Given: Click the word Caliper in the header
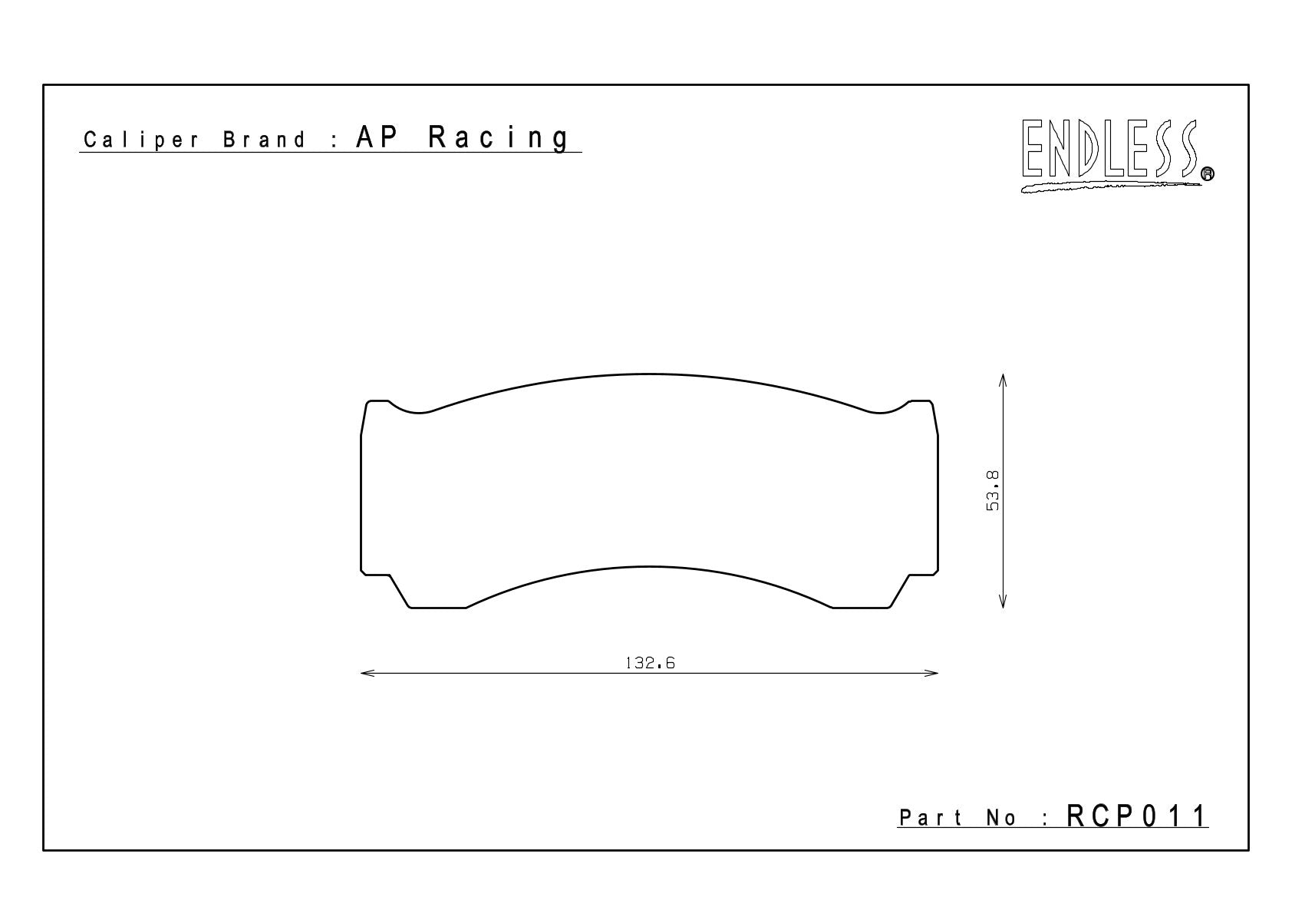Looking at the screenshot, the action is (x=141, y=140).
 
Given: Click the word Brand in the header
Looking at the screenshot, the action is (x=264, y=140).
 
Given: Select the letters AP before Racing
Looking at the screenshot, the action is (x=377, y=137).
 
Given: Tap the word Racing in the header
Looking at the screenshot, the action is (x=499, y=138).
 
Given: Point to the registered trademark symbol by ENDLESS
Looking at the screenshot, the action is (x=1207, y=173).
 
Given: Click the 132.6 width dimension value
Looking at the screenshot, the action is (x=650, y=663).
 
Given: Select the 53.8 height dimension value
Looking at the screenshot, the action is (x=993, y=491).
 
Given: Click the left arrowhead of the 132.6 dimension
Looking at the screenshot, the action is (x=367, y=673).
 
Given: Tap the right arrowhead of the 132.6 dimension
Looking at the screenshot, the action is (x=931, y=673).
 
